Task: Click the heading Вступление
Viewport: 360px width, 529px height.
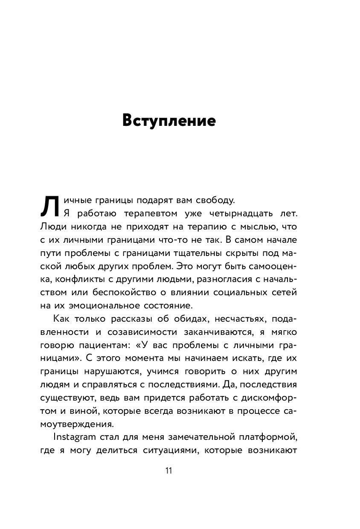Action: pyautogui.click(x=169, y=120)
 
